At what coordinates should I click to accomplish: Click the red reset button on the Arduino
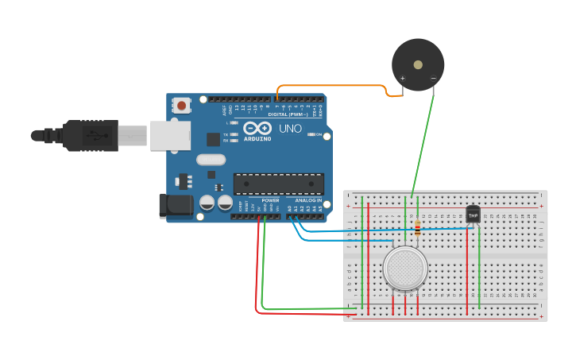183,105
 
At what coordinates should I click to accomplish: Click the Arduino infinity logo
257,128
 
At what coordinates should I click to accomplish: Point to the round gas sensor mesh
405,268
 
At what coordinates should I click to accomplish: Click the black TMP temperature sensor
473,215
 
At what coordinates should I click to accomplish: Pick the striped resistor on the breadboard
418,229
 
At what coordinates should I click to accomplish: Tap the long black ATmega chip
278,184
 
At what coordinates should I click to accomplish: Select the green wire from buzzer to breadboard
421,143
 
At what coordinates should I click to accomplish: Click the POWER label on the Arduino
270,200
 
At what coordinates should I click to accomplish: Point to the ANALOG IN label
308,200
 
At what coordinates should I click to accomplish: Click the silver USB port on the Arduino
171,135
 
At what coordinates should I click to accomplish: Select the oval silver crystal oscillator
212,160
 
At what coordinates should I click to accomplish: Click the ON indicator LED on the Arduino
310,134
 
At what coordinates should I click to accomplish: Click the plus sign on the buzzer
403,78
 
